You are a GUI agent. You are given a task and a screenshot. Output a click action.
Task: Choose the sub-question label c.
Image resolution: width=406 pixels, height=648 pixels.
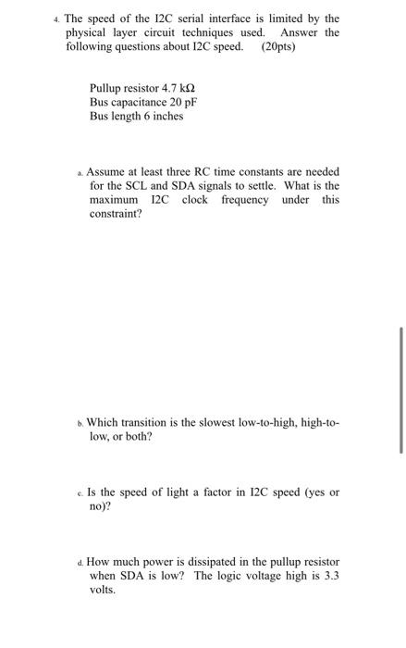tap(80, 492)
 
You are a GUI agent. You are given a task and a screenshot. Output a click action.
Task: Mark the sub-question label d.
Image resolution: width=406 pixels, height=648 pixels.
tap(80, 563)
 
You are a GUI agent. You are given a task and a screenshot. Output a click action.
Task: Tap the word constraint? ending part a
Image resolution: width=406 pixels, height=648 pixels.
tap(116, 214)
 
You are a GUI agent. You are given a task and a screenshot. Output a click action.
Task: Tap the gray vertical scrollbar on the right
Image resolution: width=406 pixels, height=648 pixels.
tap(401, 389)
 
